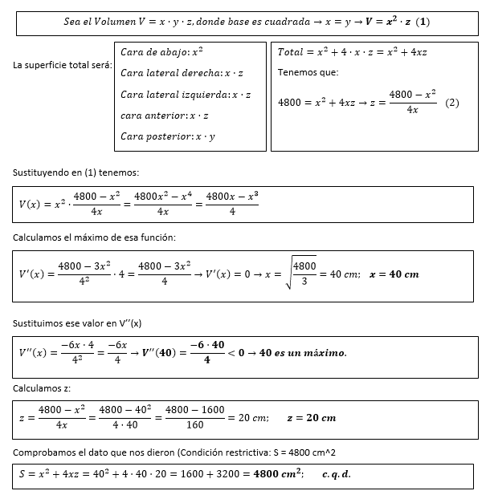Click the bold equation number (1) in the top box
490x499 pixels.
tap(421, 22)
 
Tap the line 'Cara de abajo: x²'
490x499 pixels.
tap(161, 52)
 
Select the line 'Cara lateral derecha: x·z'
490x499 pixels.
tap(181, 73)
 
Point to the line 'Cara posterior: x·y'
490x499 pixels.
tap(167, 136)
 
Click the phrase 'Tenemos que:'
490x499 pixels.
tap(308, 72)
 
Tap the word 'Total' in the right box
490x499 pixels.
tap(292, 52)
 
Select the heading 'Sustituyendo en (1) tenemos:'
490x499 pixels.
tap(76, 172)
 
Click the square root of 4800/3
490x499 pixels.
tap(302, 274)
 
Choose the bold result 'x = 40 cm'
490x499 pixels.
tap(394, 274)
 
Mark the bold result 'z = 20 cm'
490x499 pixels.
tap(311, 418)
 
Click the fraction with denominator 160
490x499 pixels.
tap(196, 418)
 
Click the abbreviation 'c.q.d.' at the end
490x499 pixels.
tap(337, 474)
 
